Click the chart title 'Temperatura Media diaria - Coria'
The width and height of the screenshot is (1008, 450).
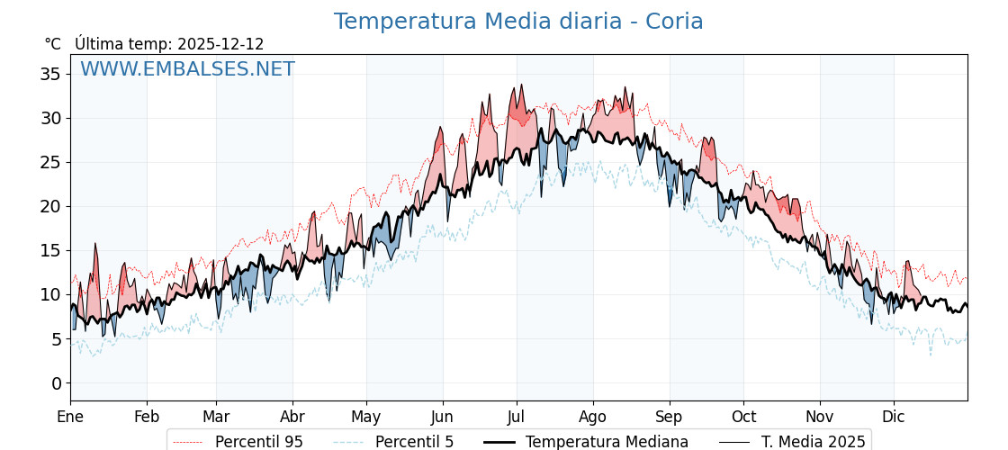(x=518, y=22)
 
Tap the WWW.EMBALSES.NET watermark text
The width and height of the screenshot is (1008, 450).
(x=187, y=69)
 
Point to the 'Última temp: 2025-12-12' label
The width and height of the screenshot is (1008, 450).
(x=169, y=44)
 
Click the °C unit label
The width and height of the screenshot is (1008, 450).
(x=53, y=44)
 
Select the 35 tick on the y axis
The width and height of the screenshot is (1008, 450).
(x=51, y=74)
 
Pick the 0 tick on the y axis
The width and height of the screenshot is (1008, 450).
(x=57, y=383)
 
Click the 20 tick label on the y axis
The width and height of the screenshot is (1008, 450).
(x=51, y=206)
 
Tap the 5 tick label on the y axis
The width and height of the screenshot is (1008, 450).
(x=57, y=339)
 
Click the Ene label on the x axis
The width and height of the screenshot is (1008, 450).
(x=70, y=417)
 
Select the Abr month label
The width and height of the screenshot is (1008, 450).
(x=292, y=417)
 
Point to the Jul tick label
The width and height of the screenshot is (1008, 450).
(x=517, y=417)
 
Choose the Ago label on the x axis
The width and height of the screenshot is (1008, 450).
(x=593, y=417)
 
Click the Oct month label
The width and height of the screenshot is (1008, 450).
(x=743, y=417)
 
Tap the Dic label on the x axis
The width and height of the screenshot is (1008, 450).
(x=894, y=417)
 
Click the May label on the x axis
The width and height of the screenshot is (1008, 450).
(x=366, y=417)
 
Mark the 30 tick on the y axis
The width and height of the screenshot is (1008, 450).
(x=51, y=118)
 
